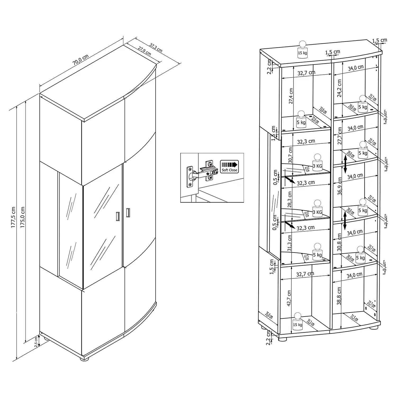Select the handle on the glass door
tap(118, 216)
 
